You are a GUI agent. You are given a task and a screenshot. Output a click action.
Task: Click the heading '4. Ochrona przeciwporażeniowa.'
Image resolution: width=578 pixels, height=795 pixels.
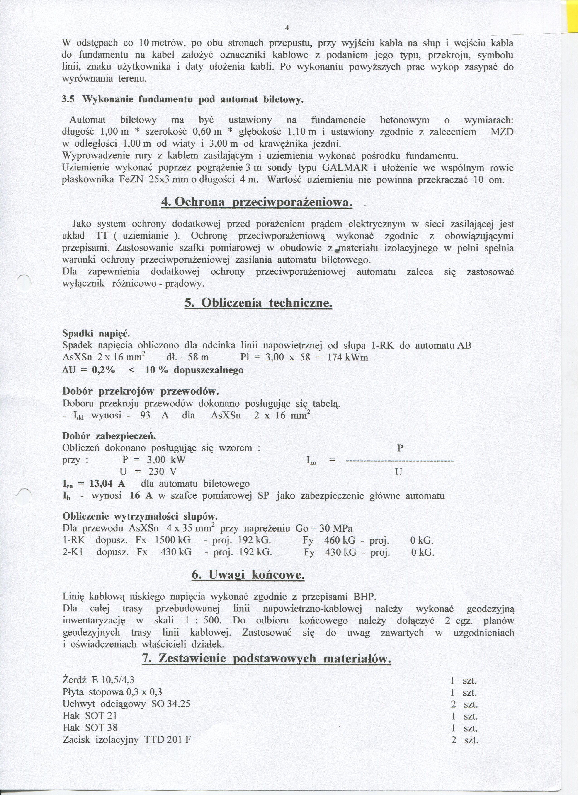tap(256, 202)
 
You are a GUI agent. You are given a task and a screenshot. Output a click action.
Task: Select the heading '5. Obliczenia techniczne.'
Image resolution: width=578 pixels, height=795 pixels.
tap(258, 302)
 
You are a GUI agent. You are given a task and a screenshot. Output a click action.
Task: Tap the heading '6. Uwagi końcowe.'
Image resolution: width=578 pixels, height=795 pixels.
tap(248, 575)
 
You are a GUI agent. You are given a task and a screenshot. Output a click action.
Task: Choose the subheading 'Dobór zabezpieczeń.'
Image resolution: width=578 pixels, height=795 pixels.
tap(109, 436)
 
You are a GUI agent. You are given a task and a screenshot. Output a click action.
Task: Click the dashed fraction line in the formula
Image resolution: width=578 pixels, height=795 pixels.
tap(400, 460)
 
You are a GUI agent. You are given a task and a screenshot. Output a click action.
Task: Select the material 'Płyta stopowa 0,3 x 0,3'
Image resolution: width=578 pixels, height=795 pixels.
tap(112, 692)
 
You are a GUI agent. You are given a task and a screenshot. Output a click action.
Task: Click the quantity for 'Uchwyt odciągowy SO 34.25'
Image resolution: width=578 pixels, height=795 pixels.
tap(464, 704)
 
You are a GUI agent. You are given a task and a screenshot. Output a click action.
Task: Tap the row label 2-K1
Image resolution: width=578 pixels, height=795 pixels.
tap(73, 552)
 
